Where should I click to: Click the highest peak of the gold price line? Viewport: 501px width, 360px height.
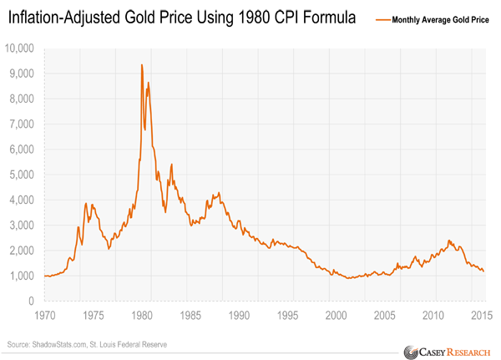[x=141, y=65]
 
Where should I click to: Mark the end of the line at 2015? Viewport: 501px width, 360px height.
[x=483, y=271]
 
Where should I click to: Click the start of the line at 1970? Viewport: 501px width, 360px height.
[x=43, y=276]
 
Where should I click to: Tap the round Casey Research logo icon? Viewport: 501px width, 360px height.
[x=411, y=351]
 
